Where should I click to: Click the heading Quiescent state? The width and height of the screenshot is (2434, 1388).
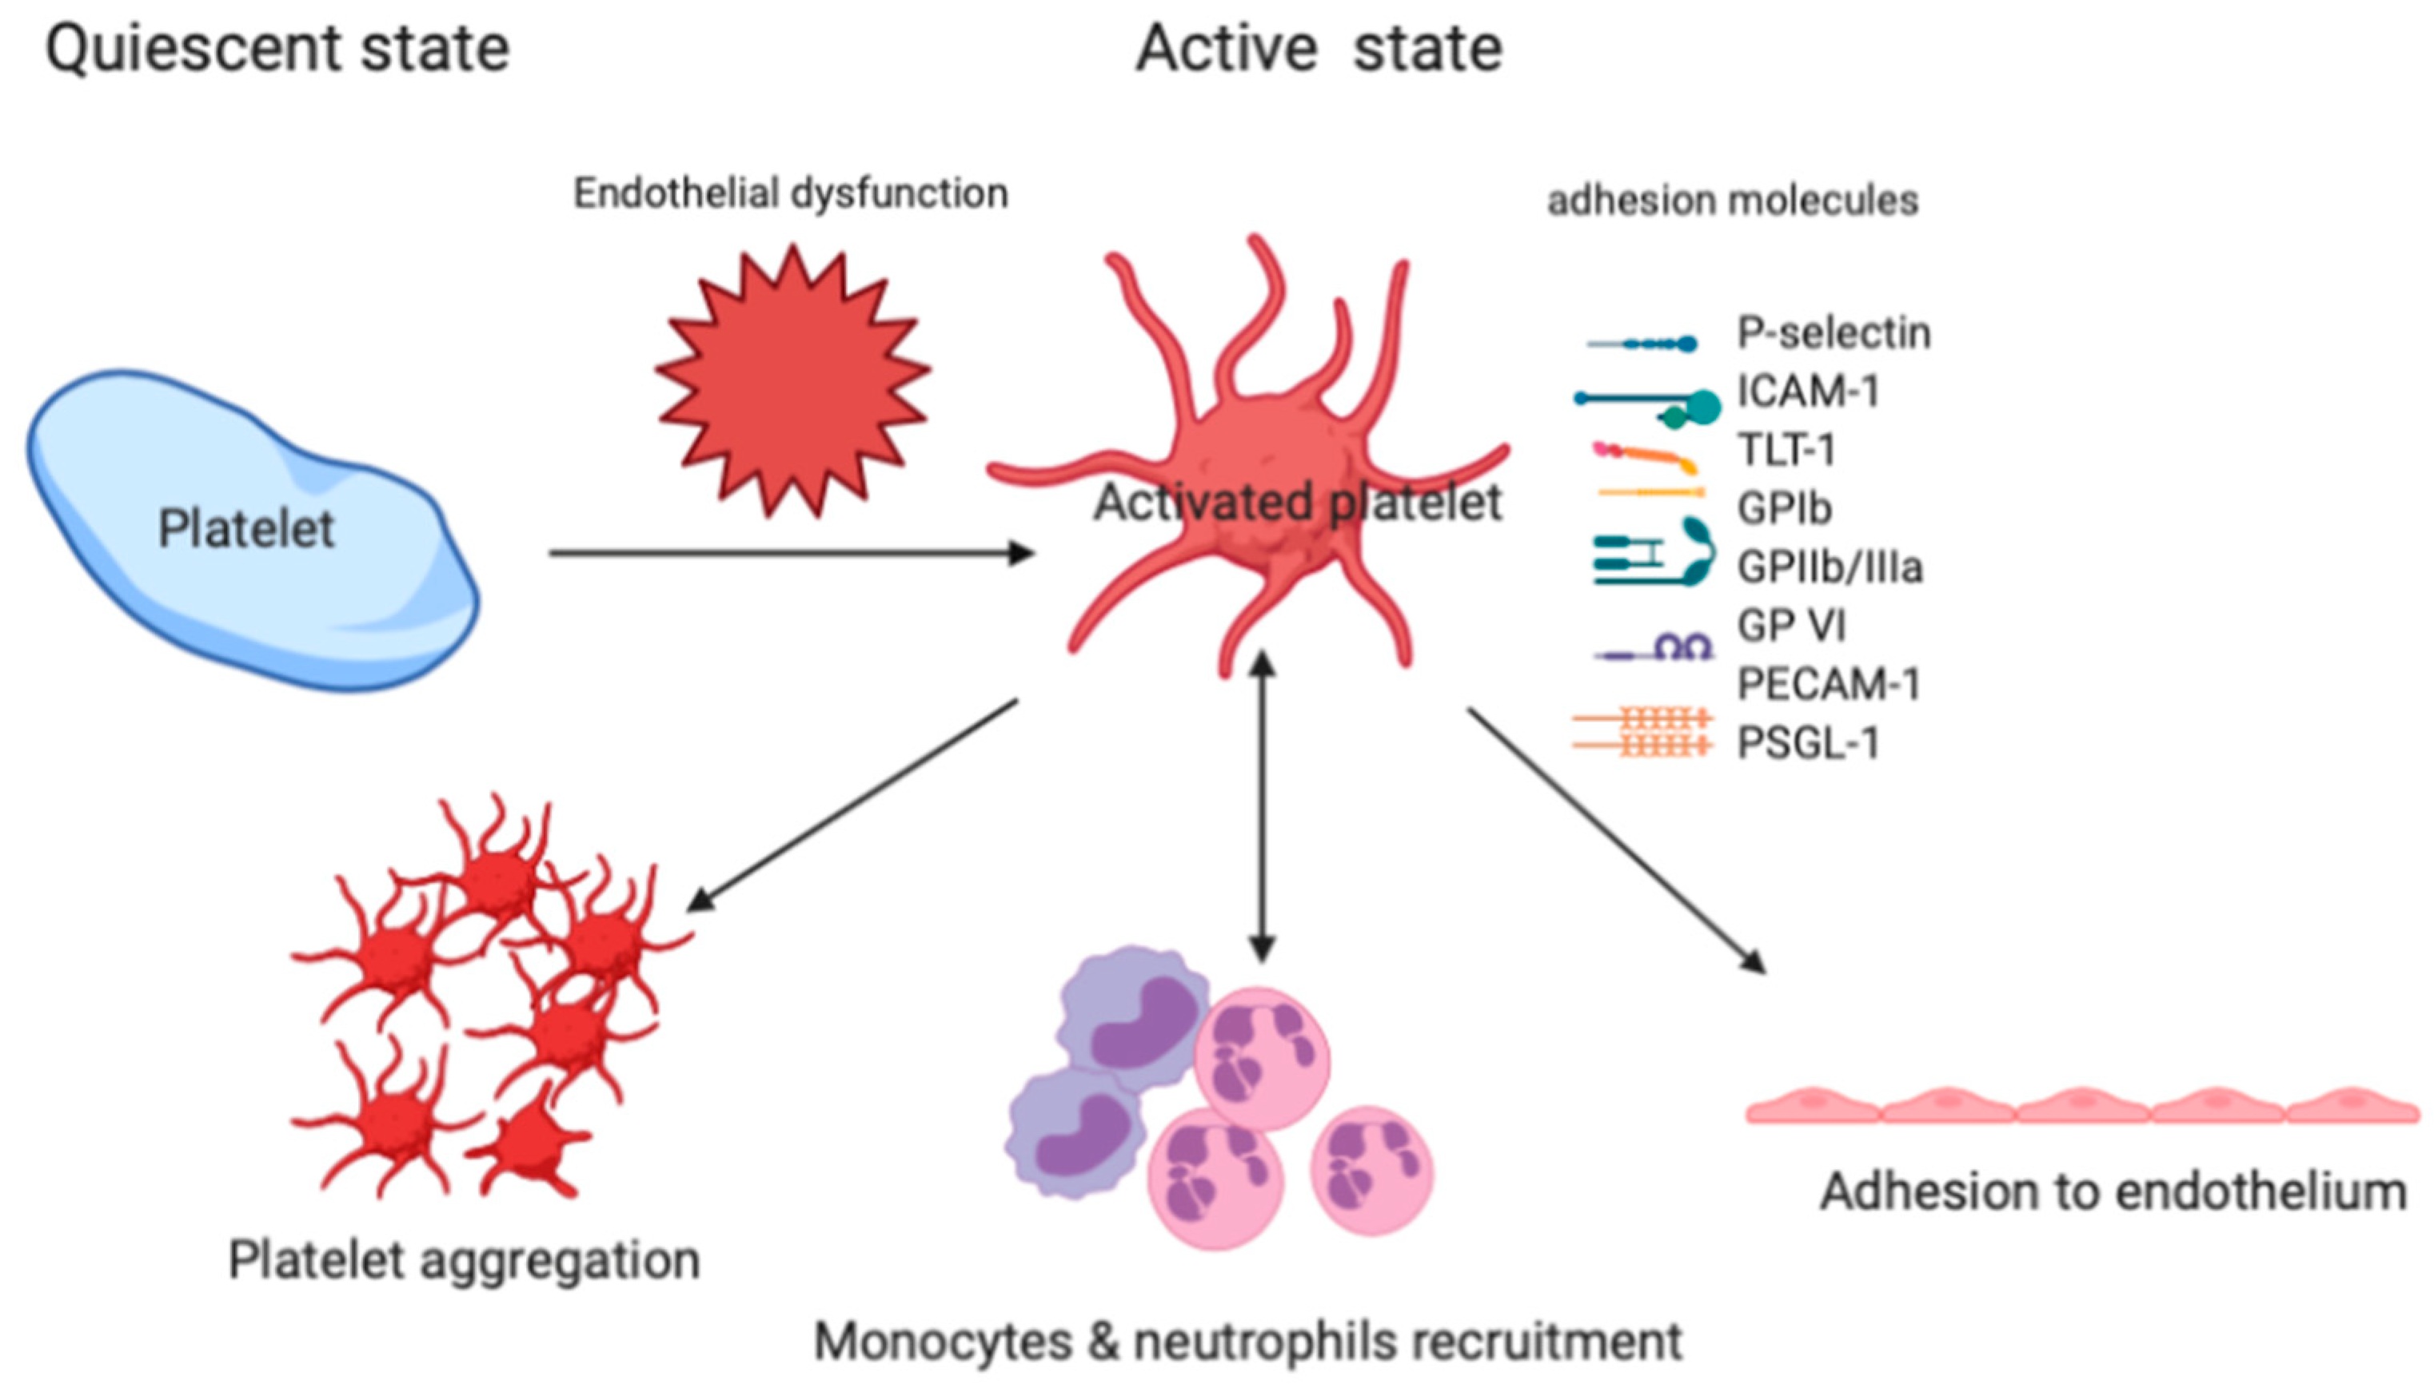pyautogui.click(x=277, y=50)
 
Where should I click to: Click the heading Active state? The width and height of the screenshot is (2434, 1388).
pyautogui.click(x=1318, y=50)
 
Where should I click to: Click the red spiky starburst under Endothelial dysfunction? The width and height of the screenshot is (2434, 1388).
pyautogui.click(x=792, y=381)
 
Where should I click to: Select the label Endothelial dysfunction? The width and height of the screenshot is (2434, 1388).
pyautogui.click(x=790, y=194)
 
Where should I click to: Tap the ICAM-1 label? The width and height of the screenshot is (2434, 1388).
pyautogui.click(x=1807, y=392)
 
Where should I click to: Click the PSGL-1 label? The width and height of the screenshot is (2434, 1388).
pyautogui.click(x=1807, y=744)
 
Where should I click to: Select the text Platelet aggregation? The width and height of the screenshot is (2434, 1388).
pyautogui.click(x=464, y=1260)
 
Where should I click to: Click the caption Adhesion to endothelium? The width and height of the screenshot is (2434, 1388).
pyautogui.click(x=2113, y=1192)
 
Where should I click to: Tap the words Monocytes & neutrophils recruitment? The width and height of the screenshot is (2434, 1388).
pyautogui.click(x=1247, y=1342)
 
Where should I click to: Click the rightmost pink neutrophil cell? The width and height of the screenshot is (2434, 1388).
pyautogui.click(x=1371, y=1171)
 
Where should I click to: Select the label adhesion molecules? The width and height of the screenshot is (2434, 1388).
pyautogui.click(x=1731, y=201)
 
